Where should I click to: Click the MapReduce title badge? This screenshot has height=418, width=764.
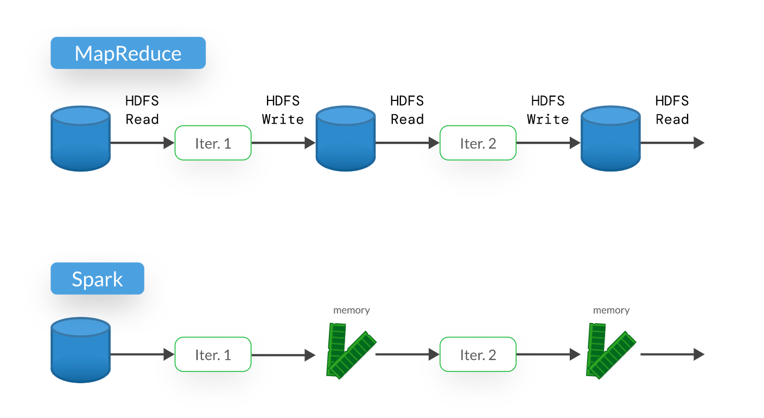point(128,53)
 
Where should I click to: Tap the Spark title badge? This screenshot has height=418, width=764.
point(98,278)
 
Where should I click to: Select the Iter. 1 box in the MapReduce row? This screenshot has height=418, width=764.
point(213,143)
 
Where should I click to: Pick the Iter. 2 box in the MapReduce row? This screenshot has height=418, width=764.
point(477,143)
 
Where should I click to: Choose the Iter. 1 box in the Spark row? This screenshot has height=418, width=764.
point(213,354)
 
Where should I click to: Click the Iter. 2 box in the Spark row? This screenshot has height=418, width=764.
point(477,354)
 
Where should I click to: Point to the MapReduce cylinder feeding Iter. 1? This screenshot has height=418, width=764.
point(80,139)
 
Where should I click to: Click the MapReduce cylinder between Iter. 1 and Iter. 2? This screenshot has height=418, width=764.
point(346,139)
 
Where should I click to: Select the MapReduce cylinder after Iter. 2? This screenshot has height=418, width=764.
point(610,139)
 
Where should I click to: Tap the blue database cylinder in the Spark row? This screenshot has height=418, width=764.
point(80,351)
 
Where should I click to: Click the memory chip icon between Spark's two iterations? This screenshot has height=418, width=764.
point(351,351)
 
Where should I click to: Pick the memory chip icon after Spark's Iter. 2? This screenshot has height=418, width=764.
point(610,351)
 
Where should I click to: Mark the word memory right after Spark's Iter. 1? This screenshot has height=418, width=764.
point(352,310)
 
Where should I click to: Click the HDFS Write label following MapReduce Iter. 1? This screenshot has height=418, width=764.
point(283,110)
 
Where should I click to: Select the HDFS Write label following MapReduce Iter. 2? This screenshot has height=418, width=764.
point(547,110)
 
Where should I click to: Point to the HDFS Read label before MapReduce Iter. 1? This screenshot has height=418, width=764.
point(142,110)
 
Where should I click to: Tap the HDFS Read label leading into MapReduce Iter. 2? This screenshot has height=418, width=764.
point(407,110)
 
